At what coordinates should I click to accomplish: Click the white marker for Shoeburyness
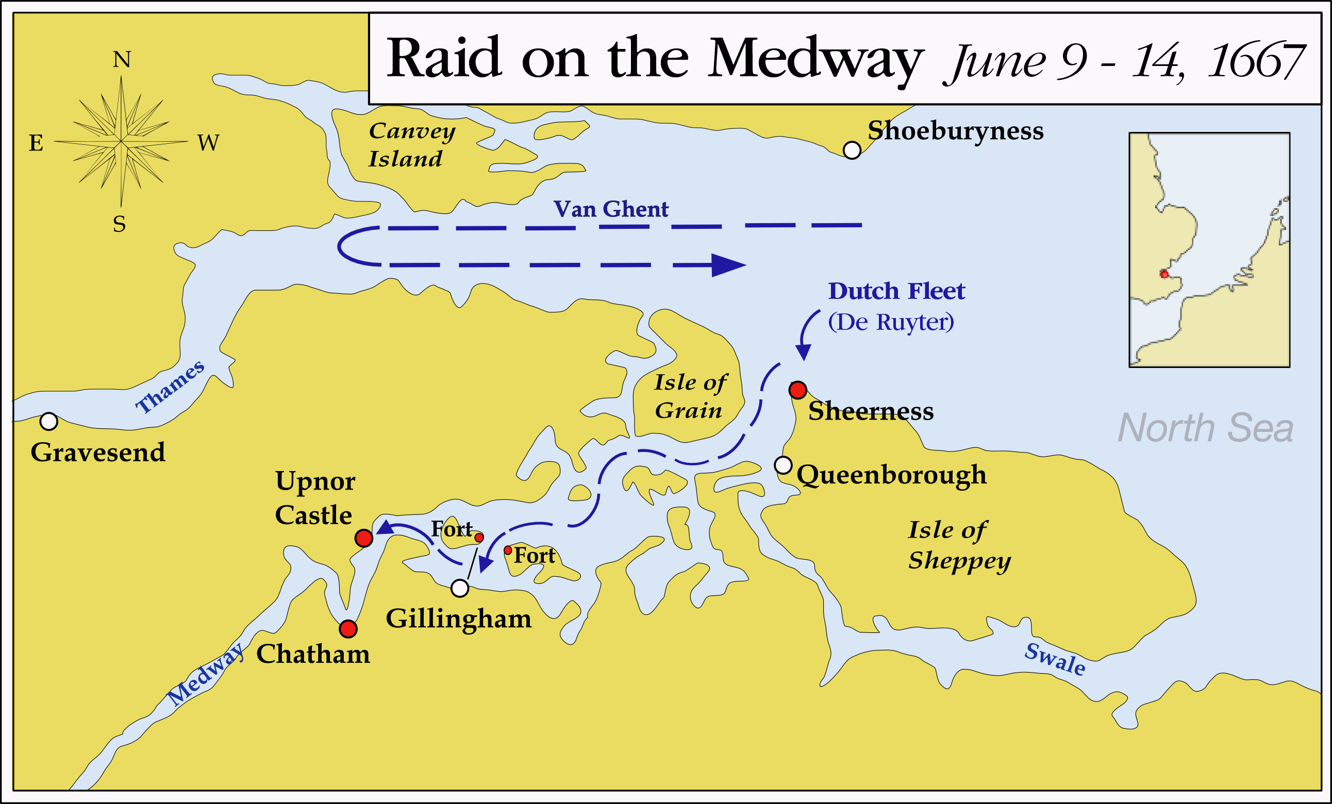[x=852, y=149]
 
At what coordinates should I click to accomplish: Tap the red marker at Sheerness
[x=798, y=390]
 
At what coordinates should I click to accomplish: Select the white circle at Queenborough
[x=784, y=465]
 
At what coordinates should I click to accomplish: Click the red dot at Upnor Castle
[x=364, y=538]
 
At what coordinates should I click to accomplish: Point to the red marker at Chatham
[x=348, y=628]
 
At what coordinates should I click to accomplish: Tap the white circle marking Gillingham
[x=459, y=588]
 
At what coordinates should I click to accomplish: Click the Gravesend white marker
[x=48, y=421]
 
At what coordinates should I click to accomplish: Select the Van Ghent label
[x=611, y=209]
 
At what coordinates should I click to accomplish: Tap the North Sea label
[x=1205, y=428]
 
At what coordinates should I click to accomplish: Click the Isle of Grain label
[x=690, y=396]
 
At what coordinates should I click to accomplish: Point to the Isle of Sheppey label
[x=958, y=545]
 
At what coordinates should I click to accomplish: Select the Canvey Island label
[x=411, y=144]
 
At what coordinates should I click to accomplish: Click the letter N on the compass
[x=122, y=59]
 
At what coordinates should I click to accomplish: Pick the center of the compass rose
[x=121, y=142]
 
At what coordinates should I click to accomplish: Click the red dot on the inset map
[x=1164, y=275]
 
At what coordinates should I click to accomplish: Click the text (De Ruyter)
[x=891, y=322]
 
